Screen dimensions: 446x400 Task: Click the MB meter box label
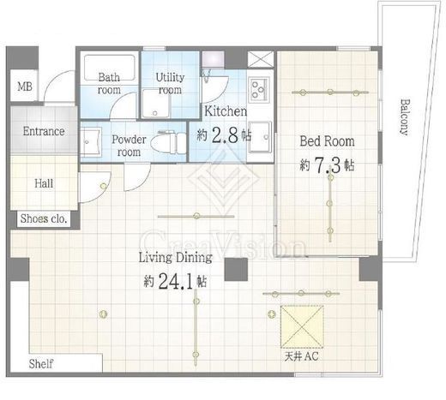(25, 87)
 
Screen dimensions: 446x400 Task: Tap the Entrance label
(44, 131)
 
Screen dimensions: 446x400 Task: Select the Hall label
(44, 183)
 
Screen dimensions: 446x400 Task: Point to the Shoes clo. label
(44, 218)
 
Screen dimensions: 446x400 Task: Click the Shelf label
(41, 364)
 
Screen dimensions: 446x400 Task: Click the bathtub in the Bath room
(109, 68)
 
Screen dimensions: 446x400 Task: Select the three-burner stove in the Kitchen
(259, 88)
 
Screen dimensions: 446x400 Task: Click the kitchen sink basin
(260, 137)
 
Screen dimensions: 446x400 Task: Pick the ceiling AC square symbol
(302, 327)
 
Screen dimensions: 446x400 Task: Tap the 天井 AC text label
(301, 356)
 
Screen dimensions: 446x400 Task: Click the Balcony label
(404, 117)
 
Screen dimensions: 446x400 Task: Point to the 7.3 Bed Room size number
(328, 165)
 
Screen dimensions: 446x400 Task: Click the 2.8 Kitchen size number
(226, 135)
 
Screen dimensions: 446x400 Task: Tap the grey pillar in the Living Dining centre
(236, 270)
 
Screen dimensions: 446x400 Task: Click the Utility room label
(170, 83)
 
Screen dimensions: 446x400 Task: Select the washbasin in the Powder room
(91, 141)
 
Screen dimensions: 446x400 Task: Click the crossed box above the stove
(261, 59)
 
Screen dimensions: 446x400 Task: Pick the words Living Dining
(176, 258)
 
